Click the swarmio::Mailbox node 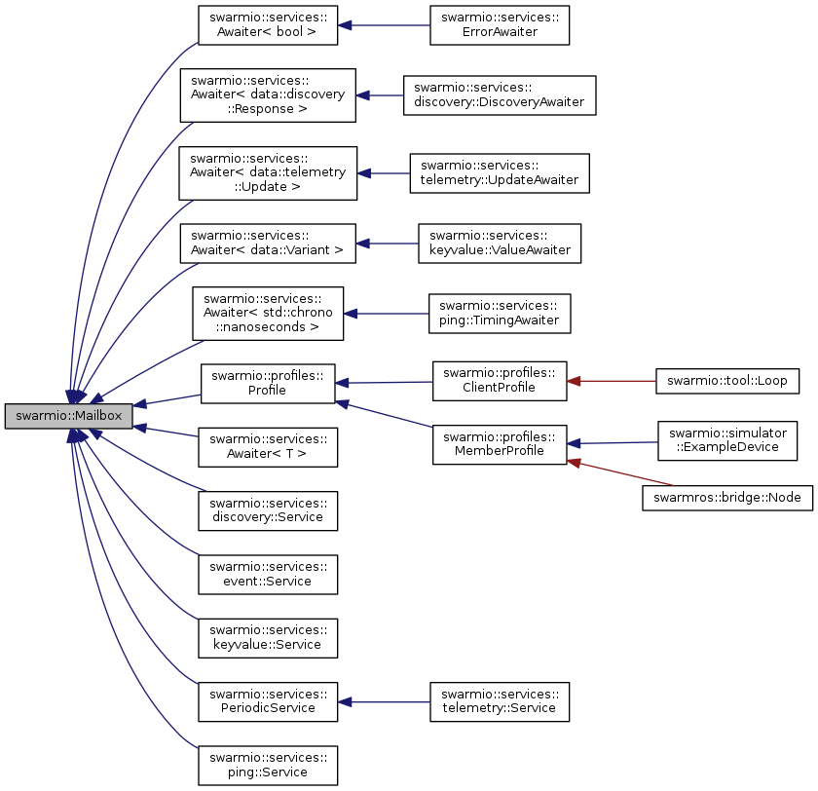point(67,416)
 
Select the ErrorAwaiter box point(499,26)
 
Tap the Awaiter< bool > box point(267,26)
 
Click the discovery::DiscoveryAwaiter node point(499,95)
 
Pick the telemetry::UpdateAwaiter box point(499,173)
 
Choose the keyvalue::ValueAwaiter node point(499,244)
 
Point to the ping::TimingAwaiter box point(499,313)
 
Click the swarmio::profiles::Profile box point(267,383)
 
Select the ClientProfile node point(499,382)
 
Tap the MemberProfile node point(499,444)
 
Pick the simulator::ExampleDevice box point(727,438)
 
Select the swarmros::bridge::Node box point(727,497)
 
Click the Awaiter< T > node point(267,446)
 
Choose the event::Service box point(267,574)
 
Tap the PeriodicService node point(267,701)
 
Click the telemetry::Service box point(499,701)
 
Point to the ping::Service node point(267,765)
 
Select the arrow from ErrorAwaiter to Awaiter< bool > point(384,26)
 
